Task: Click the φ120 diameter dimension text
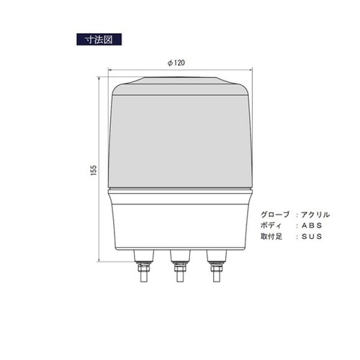(176, 62)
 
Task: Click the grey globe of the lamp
(181, 137)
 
